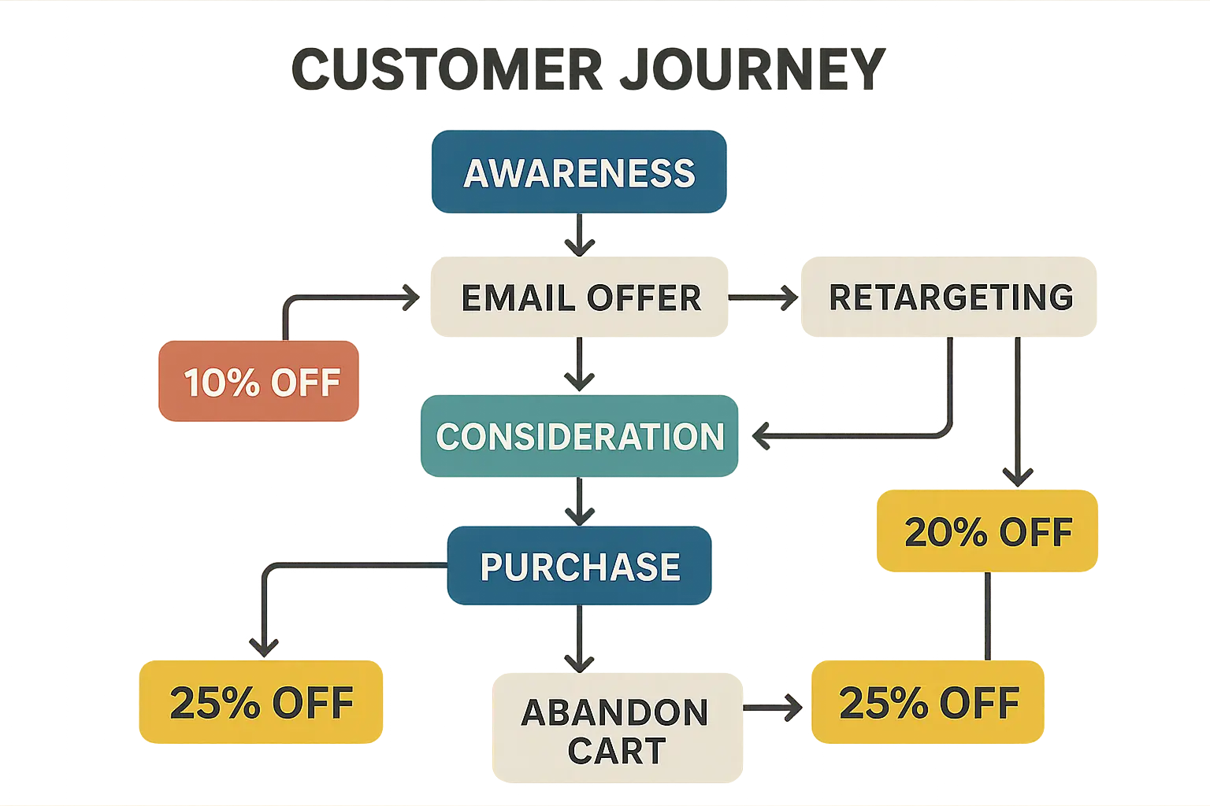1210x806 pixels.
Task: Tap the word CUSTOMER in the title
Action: tap(447, 69)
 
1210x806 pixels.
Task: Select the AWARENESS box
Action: tap(579, 172)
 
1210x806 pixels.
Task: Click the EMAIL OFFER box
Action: tap(579, 297)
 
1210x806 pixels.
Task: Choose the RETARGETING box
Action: tap(949, 297)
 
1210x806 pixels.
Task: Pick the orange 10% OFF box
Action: tap(258, 381)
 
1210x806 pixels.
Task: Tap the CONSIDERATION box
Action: tap(580, 435)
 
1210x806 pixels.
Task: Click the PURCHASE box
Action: tap(580, 565)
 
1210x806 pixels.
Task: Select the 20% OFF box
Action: tap(987, 531)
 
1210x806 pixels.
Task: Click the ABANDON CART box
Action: tap(618, 728)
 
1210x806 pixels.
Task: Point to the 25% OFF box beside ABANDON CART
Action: tap(928, 702)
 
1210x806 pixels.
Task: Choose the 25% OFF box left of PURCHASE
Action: tap(261, 702)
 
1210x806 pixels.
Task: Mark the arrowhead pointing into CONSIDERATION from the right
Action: tap(760, 436)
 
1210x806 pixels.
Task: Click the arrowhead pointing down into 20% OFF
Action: tap(1019, 478)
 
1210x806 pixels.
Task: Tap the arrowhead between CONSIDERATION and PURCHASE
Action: tap(580, 516)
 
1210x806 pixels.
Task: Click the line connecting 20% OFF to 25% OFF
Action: tap(988, 616)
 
